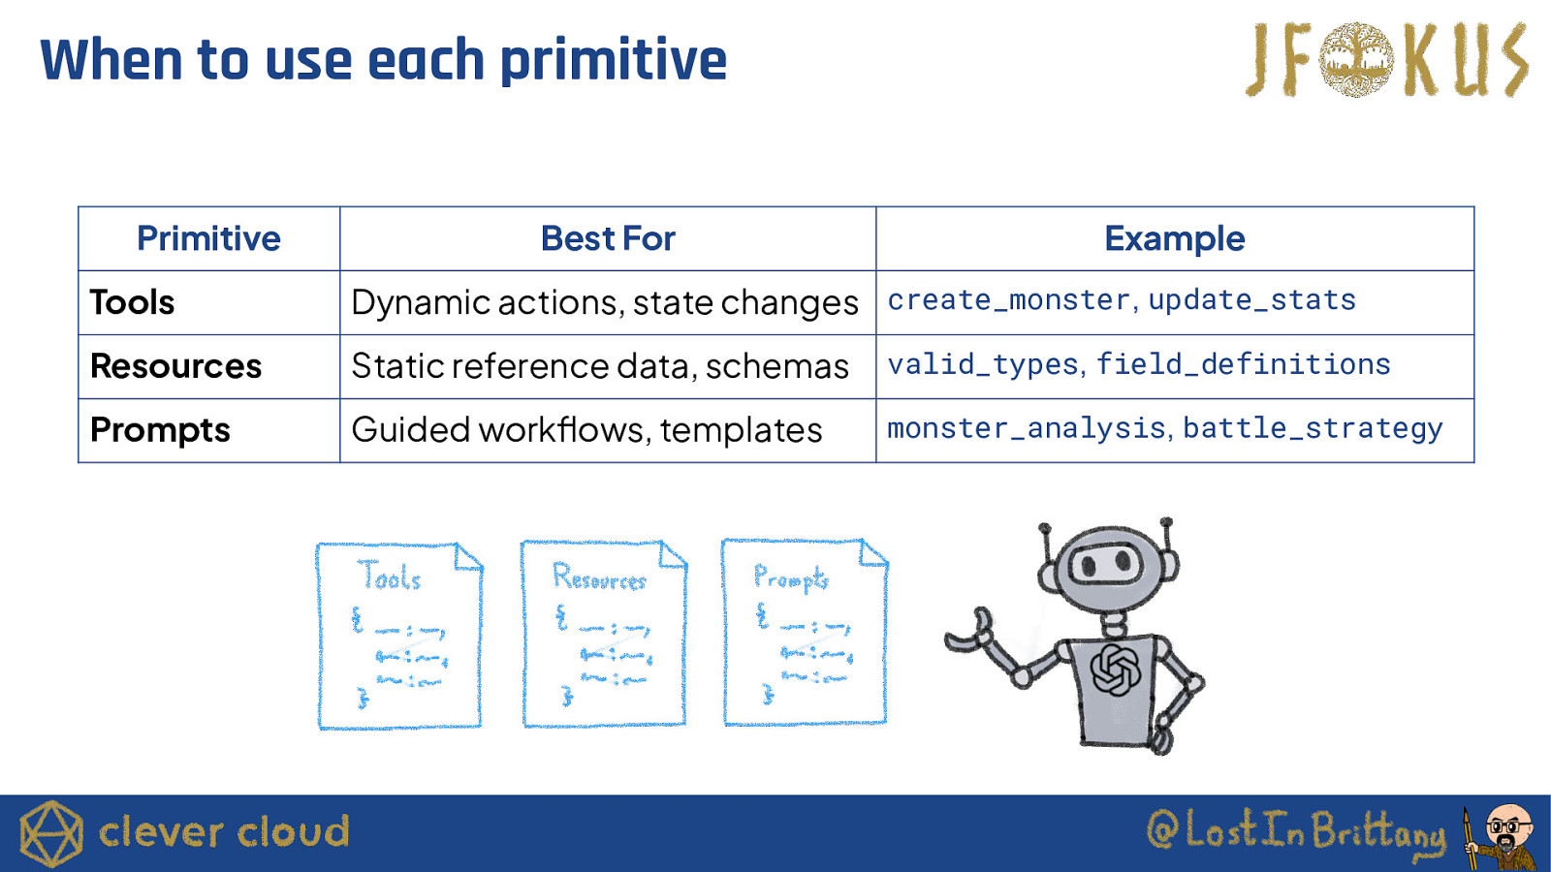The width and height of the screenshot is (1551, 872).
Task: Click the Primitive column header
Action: [x=208, y=238]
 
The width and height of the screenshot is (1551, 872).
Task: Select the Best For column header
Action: [x=607, y=238]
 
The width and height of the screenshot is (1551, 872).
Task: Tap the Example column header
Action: [x=1174, y=238]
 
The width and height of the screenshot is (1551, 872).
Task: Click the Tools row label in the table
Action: [x=132, y=302]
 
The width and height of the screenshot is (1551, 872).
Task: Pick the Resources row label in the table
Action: [x=175, y=366]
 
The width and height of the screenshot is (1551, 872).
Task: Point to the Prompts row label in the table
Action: [x=160, y=430]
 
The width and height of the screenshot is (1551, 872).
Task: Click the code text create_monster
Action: [x=1008, y=300]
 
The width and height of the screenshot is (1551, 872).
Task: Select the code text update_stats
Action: [x=1251, y=300]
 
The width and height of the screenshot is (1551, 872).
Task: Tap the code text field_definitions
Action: [x=1244, y=364]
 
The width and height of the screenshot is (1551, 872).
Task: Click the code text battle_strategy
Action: [x=1313, y=429]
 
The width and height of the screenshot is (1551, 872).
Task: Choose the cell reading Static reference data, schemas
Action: [x=600, y=366]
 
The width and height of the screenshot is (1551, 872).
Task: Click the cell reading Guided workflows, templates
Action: [x=586, y=430]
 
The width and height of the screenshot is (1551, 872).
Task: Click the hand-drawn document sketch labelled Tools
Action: [x=399, y=636]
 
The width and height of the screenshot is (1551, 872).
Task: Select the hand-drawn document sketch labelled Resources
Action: [x=604, y=634]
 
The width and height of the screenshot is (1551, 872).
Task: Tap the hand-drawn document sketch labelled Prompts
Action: [x=805, y=632]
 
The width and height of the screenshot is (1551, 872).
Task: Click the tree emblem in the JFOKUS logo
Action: [x=1356, y=59]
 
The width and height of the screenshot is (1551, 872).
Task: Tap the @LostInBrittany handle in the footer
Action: [x=1296, y=831]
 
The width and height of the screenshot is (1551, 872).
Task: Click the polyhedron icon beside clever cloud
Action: [x=51, y=834]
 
